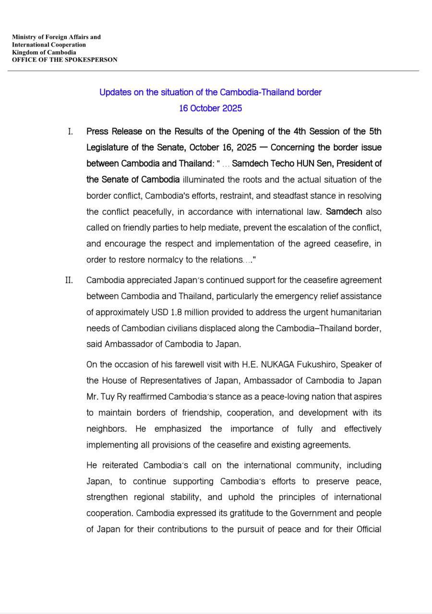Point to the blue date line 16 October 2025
210,108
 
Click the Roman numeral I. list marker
71,131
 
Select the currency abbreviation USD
159,312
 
